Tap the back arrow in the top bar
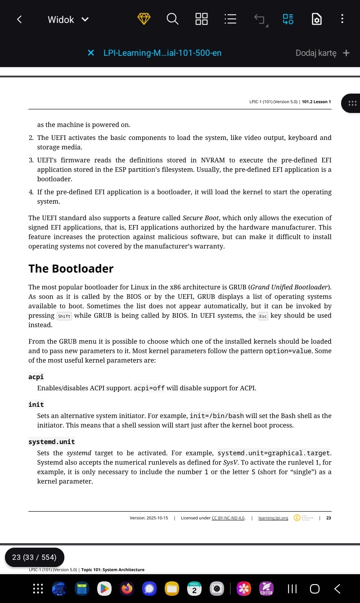click(x=19, y=19)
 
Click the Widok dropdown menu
click(x=68, y=19)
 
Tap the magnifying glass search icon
click(x=172, y=19)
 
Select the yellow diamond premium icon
click(x=144, y=19)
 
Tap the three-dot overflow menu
click(x=342, y=19)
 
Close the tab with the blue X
click(x=91, y=53)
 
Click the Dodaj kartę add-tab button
click(x=322, y=53)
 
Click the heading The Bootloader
click(x=71, y=269)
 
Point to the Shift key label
click(x=64, y=316)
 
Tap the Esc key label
click(x=263, y=316)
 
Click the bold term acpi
click(x=36, y=377)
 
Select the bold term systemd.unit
click(x=51, y=442)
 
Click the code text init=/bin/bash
click(x=217, y=416)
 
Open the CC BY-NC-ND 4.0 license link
click(x=228, y=518)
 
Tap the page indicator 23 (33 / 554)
click(x=34, y=557)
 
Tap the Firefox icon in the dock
click(x=127, y=588)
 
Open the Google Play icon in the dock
click(x=104, y=588)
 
